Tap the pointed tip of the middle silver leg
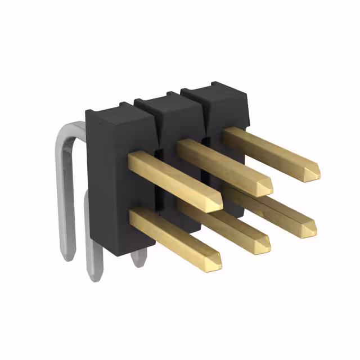pyautogui.click(x=94, y=276)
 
